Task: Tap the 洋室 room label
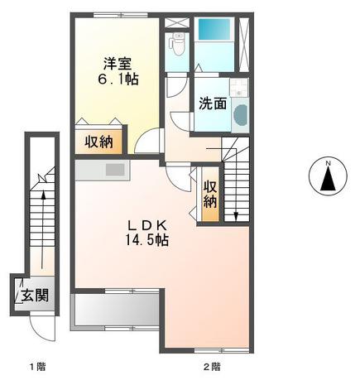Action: [117, 63]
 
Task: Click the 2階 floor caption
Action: [211, 365]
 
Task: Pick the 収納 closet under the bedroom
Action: [101, 141]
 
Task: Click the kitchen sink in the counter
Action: [113, 170]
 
